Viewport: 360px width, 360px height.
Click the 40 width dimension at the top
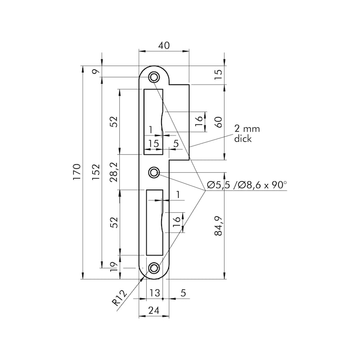coord(164,45)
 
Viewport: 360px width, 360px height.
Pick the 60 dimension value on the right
coord(219,122)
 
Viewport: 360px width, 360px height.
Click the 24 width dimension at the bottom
coord(154,310)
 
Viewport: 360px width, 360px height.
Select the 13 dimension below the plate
coord(154,293)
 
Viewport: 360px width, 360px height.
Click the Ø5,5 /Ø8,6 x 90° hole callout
coord(247,185)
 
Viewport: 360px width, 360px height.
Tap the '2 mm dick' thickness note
coord(247,134)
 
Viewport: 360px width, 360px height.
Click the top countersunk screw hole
coord(154,76)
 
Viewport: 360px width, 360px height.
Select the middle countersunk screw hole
coord(154,172)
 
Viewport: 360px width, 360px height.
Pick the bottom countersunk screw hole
coord(154,268)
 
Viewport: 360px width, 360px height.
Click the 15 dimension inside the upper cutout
coord(153,144)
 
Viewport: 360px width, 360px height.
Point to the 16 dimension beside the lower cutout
coord(177,220)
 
